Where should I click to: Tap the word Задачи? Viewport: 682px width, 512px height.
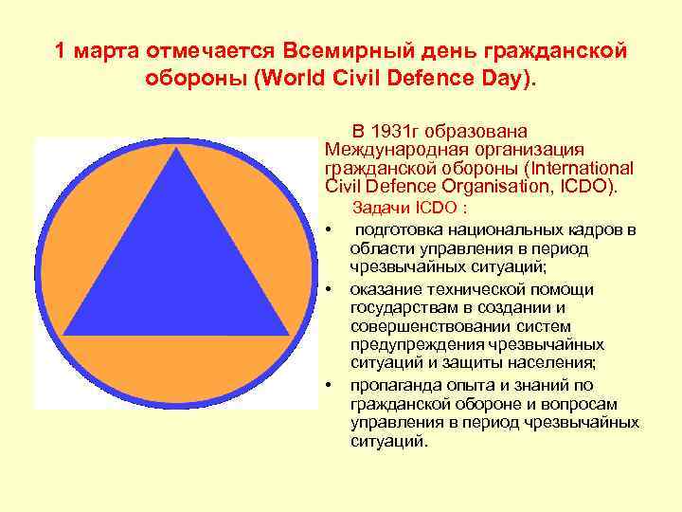(378, 209)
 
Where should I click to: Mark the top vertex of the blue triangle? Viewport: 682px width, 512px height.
(174, 150)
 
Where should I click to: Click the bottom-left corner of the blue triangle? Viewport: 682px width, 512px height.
(63, 337)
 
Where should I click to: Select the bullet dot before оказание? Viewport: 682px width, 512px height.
(327, 289)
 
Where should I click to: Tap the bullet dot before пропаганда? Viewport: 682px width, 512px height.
(327, 385)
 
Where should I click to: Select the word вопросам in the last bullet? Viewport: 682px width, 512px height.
(579, 403)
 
